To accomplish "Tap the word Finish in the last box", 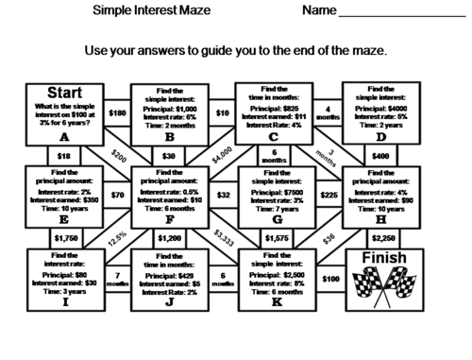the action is point(382,258).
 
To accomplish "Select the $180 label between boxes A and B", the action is point(117,113).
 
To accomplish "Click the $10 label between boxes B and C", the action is point(222,113).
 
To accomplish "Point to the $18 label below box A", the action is point(63,155).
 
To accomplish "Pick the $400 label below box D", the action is point(380,155).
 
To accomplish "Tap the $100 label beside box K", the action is point(329,279).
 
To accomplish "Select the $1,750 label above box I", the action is point(65,238).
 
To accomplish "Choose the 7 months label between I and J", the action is point(118,279).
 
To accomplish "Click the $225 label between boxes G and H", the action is point(328,196).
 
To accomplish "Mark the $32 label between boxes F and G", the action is point(223,196).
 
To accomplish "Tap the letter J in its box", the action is point(169,302).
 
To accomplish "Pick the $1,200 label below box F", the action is point(169,238).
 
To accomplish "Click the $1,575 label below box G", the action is point(275,238).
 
